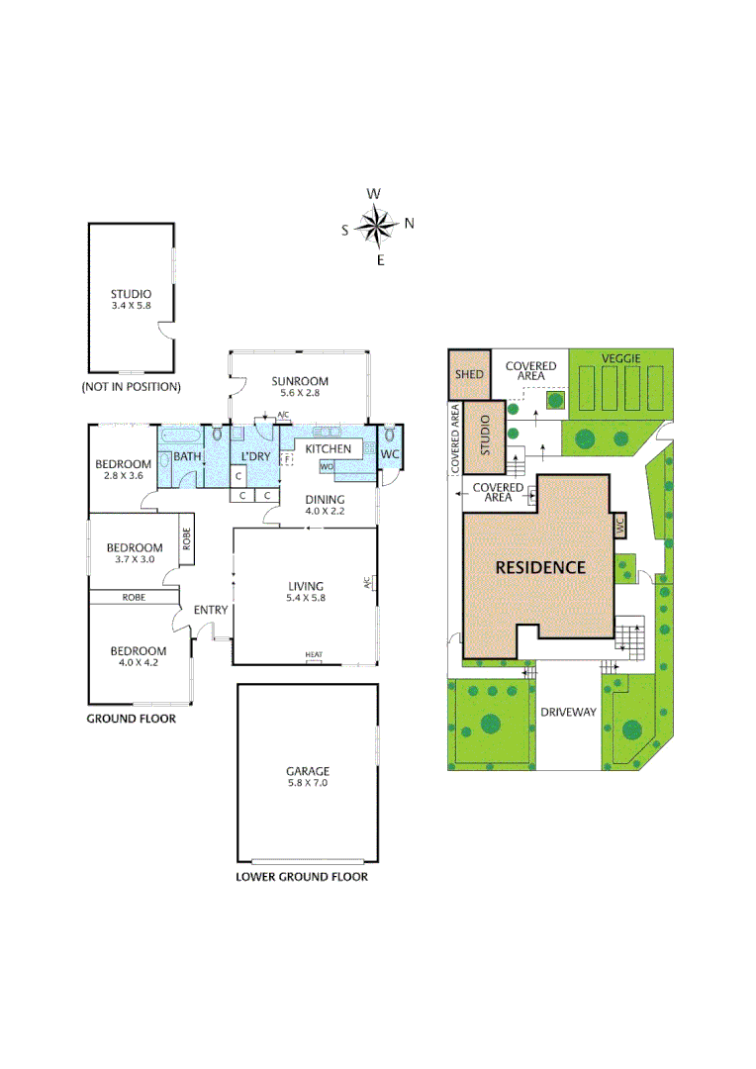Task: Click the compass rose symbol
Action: [376, 226]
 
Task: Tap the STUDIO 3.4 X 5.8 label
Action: [131, 299]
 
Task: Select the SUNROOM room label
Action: [300, 387]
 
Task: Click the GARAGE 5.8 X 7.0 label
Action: [308, 777]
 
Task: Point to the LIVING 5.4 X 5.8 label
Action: [305, 592]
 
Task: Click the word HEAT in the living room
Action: [314, 655]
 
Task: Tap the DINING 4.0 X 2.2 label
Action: [325, 505]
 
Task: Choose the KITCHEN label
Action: [328, 449]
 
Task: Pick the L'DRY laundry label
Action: [256, 456]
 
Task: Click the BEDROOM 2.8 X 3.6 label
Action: [124, 469]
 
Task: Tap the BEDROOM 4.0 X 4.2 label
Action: [138, 656]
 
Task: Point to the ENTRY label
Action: [210, 610]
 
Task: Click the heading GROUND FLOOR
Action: [132, 719]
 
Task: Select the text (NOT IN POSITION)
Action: [131, 387]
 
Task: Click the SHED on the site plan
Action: [469, 374]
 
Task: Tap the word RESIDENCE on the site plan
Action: [540, 567]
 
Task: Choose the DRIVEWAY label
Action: [568, 712]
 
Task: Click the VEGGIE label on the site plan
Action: [623, 357]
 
